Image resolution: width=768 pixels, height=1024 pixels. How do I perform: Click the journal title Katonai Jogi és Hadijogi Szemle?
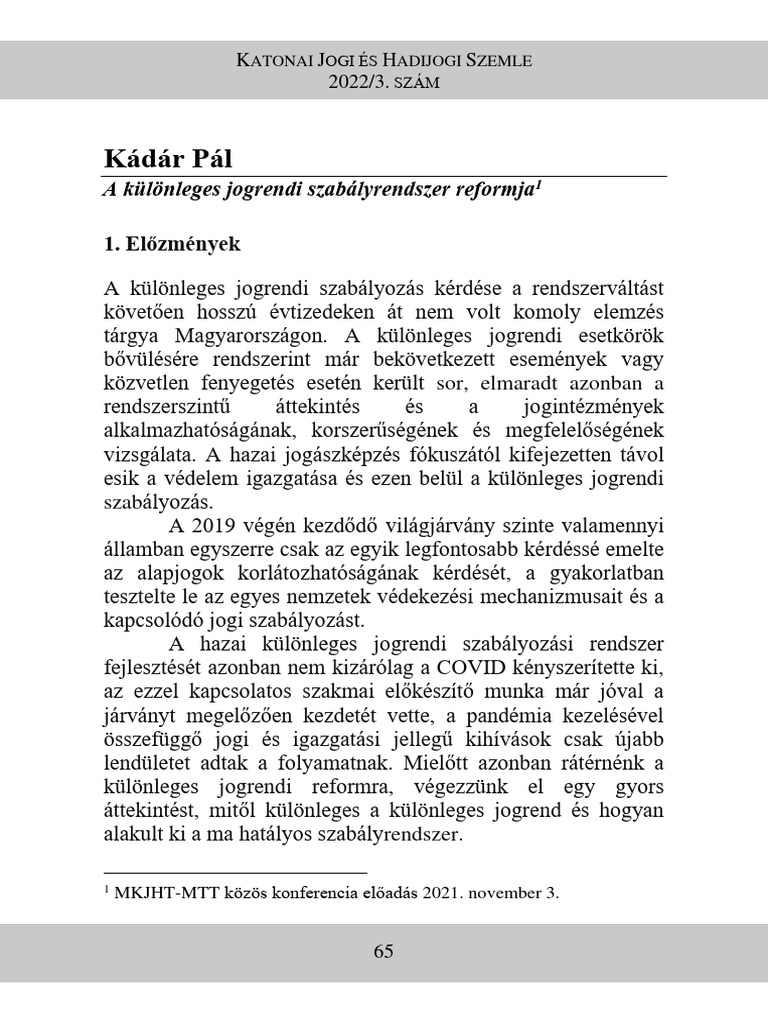[x=384, y=61]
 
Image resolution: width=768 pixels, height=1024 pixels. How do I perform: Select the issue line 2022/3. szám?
[x=384, y=82]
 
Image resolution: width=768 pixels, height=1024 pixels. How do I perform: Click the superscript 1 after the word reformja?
[x=538, y=184]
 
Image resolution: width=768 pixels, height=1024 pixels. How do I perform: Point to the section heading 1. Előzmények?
[x=172, y=243]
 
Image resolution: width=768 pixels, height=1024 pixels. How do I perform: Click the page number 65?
[x=384, y=951]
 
